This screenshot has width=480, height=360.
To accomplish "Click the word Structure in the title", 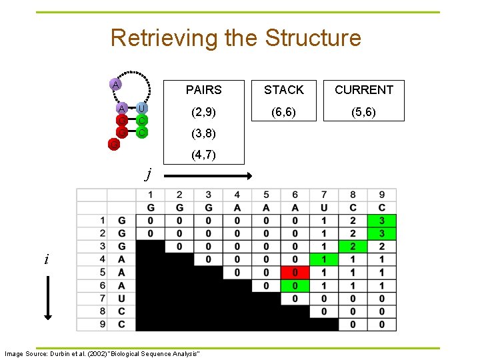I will pyautogui.click(x=313, y=37).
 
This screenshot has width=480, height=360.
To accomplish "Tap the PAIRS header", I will pyautogui.click(x=203, y=89).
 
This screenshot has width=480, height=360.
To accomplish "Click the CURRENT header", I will pyautogui.click(x=363, y=89).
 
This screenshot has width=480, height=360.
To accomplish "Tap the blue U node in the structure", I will pyautogui.click(x=142, y=108).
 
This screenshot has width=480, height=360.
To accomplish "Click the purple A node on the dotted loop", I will pyautogui.click(x=116, y=84).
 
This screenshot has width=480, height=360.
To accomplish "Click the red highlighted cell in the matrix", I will pyautogui.click(x=295, y=273).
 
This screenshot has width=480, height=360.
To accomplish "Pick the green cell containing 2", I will pyautogui.click(x=353, y=246).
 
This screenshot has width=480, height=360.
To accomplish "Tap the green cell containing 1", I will pyautogui.click(x=324, y=259).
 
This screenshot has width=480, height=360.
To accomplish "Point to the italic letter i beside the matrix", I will pyautogui.click(x=46, y=259).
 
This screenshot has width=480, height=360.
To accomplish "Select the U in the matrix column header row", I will pyautogui.click(x=324, y=207).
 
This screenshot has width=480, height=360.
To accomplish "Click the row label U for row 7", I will pyautogui.click(x=121, y=299).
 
